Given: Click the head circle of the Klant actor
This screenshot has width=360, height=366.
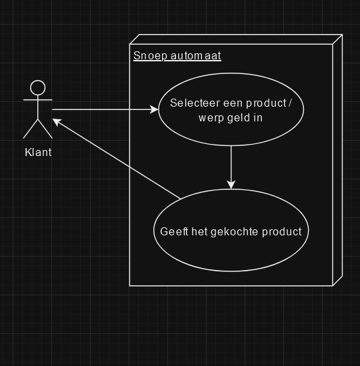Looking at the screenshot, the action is tap(38, 81).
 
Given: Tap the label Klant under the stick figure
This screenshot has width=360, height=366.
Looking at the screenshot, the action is tap(38, 153).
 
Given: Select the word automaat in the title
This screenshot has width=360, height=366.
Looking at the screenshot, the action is tap(196, 56).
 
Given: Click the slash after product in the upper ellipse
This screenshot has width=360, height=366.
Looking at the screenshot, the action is tap(290, 103).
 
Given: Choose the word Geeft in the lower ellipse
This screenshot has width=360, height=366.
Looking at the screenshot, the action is tap(174, 231).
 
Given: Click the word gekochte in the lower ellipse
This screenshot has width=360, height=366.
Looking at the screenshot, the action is tap(235, 232).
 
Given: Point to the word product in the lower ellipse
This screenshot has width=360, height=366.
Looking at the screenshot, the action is tap(282, 232).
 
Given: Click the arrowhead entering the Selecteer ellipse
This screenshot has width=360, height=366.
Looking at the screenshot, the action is tap(154, 109).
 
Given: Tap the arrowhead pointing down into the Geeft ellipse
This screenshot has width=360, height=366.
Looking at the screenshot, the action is tap(231, 185).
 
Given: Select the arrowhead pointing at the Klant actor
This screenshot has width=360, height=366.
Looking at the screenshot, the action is tap(57, 121).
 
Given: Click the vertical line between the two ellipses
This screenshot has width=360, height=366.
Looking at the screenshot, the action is tap(231, 167).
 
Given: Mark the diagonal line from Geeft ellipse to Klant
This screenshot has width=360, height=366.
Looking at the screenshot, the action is tap(117, 159).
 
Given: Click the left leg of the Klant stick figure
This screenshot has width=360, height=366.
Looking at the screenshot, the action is tap(31, 129).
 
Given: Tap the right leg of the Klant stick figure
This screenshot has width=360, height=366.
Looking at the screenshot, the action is tap(45, 129).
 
